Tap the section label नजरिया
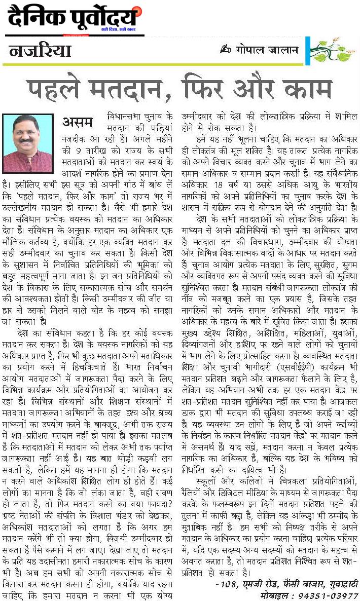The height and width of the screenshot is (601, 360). [x=40, y=51]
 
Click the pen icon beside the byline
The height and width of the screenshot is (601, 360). [x=225, y=49]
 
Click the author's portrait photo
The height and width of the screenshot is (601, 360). [x=28, y=137]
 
